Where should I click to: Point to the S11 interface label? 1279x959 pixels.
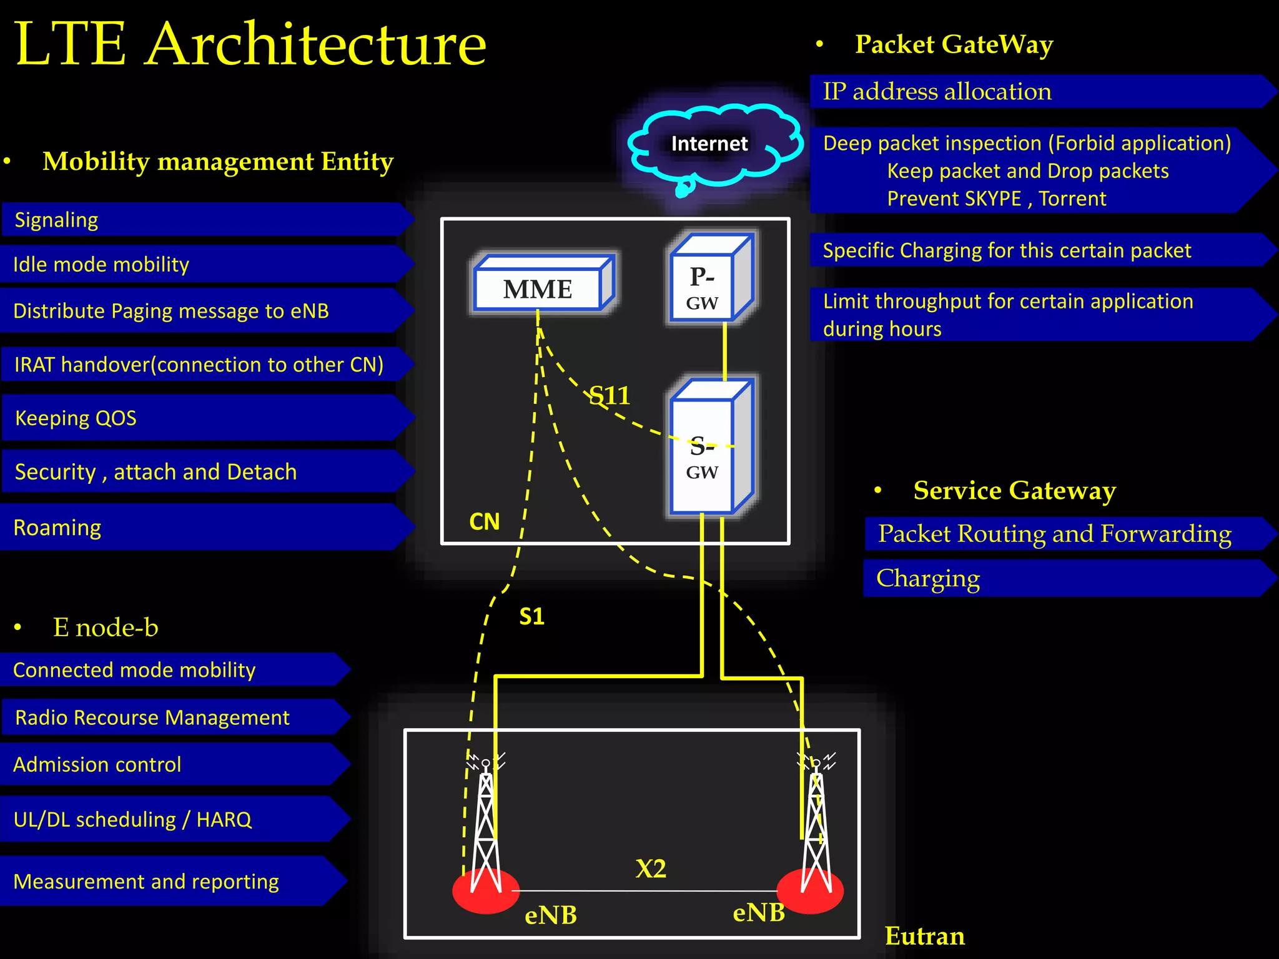pos(610,395)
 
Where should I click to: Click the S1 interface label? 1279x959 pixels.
pos(531,617)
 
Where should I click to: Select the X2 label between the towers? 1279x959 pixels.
pos(651,868)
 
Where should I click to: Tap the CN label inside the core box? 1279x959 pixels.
pos(484,522)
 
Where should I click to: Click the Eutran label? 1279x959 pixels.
pos(924,936)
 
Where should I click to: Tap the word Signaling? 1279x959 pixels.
pos(56,220)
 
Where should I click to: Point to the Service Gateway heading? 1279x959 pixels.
pos(1014,491)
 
